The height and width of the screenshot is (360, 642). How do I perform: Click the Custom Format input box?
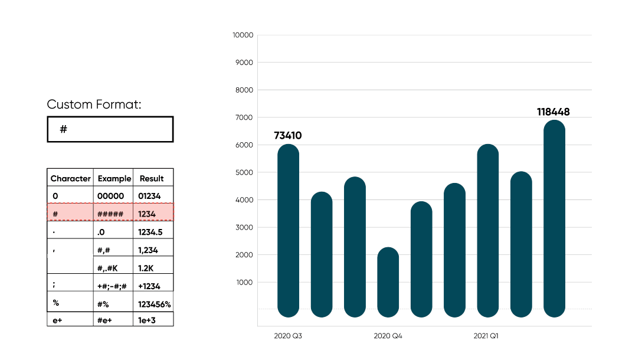point(110,129)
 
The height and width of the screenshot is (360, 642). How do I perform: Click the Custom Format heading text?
point(94,105)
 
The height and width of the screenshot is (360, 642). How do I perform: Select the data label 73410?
point(287,136)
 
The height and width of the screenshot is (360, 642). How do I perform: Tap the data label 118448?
point(553,112)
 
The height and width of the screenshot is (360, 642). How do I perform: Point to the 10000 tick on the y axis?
point(243,35)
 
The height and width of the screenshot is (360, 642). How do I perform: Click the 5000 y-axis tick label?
point(244,172)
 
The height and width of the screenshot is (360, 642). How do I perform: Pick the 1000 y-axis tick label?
point(244,282)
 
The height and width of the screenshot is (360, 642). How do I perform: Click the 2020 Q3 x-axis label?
point(288,336)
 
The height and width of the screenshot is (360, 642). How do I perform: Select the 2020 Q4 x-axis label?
point(388,336)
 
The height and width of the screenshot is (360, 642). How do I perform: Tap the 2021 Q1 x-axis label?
point(486,336)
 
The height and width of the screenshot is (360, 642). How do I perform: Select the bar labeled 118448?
point(554,218)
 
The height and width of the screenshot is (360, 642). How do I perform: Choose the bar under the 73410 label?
point(288,230)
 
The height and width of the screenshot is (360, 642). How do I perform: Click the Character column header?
point(71,178)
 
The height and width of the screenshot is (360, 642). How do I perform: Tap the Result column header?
point(152,178)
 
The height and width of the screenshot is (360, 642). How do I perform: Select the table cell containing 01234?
point(149,196)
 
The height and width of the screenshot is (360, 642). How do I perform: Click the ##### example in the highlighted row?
point(110,214)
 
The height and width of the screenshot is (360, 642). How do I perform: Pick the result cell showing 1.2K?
point(146,268)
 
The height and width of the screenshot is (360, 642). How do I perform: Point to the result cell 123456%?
point(154,304)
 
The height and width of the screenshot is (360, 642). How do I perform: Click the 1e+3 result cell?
point(147,320)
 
